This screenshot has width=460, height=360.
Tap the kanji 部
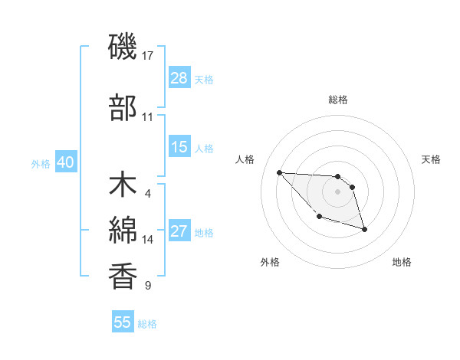click(x=123, y=109)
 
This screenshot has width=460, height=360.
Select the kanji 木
click(x=123, y=187)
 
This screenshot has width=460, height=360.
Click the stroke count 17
click(x=149, y=55)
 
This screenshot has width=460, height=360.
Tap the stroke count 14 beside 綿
click(x=148, y=240)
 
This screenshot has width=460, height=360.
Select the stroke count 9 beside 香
click(x=148, y=286)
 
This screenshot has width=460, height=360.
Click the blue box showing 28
click(x=179, y=78)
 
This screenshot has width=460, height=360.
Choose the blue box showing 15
click(x=179, y=148)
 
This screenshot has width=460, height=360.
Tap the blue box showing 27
click(x=179, y=232)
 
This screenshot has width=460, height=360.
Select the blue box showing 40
click(x=65, y=163)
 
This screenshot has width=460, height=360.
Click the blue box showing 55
click(x=123, y=322)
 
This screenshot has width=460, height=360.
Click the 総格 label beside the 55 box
click(x=148, y=324)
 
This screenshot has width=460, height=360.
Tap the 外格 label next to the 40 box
click(x=41, y=164)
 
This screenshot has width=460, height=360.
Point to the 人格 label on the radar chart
click(x=245, y=159)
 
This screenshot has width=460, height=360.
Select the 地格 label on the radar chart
click(x=402, y=262)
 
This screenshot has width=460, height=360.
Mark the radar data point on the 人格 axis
click(x=279, y=172)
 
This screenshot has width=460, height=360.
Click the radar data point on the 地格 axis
click(x=364, y=229)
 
